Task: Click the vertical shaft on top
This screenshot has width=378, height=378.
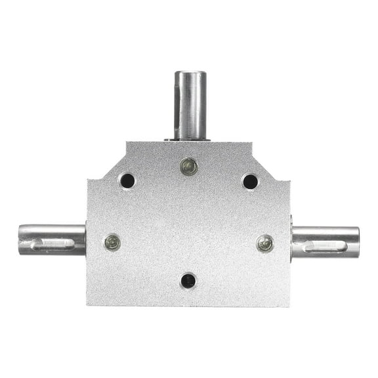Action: (190, 105)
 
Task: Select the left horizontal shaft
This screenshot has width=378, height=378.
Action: (51, 240)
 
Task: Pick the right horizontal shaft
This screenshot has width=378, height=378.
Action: (325, 241)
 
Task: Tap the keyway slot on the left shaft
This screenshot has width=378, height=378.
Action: (52, 244)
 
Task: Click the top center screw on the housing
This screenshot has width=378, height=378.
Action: (189, 167)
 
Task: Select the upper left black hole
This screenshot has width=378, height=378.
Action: (127, 180)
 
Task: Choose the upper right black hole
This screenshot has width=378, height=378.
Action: (250, 181)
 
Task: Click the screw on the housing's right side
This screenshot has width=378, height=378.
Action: (264, 243)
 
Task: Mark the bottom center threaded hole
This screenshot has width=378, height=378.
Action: (188, 281)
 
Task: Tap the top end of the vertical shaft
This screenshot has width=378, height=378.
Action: (190, 73)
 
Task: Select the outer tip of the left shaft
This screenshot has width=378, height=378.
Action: (20, 240)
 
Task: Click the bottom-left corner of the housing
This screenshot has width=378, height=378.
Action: (88, 304)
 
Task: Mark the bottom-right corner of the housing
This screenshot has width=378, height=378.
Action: (289, 306)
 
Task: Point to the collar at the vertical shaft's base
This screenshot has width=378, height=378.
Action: (190, 138)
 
